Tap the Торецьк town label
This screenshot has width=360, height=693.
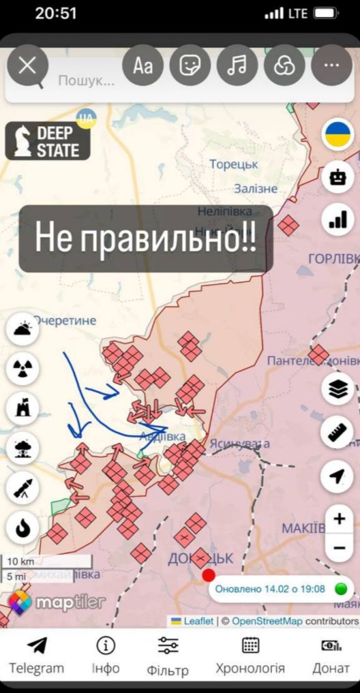pos(234,164)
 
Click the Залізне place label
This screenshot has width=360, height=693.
pos(256,189)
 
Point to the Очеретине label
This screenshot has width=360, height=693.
pos(65,320)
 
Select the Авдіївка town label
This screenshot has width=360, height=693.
pos(162,436)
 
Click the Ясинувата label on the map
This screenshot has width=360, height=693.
pos(239,443)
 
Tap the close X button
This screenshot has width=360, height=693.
pos(27,65)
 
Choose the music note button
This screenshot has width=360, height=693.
pos(237,65)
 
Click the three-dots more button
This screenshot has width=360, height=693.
pos(331,65)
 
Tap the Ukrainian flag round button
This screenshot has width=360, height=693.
pos(337,134)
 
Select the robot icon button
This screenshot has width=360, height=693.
pos(337,177)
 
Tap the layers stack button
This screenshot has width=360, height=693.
pos(337,389)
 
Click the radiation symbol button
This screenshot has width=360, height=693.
pos(22,369)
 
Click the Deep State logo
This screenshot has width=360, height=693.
pos(48,141)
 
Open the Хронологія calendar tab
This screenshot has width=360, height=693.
pos(250,656)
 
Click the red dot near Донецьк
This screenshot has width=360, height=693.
pos(209,575)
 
